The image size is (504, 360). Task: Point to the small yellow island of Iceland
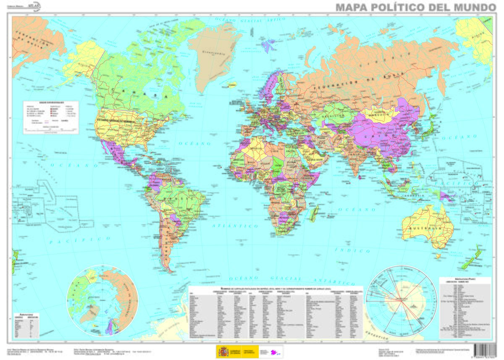[x=231, y=85]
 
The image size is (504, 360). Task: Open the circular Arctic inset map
[x=104, y=300]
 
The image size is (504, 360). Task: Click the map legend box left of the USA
[x=51, y=117]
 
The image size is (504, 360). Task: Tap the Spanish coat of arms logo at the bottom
[x=222, y=351]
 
